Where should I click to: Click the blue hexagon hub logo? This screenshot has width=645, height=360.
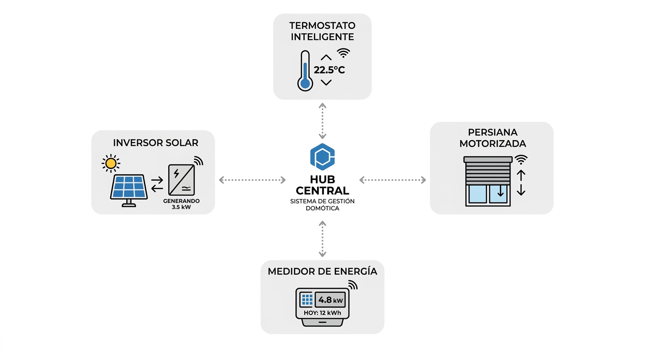pos(322,157)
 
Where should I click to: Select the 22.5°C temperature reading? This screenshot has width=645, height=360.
pos(330,70)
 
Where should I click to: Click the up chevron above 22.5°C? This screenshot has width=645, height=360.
pos(326,57)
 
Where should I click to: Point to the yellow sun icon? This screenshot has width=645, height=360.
pos(111,163)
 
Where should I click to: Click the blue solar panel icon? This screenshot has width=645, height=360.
pos(129,187)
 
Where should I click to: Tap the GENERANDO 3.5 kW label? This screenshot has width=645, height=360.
pos(181,204)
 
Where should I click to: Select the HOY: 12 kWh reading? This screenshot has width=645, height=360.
pos(322,312)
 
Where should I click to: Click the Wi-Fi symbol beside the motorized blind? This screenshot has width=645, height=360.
pos(521,160)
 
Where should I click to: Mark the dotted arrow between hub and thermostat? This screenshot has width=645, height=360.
pos(322,121)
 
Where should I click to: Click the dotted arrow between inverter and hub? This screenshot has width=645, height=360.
pos(252,180)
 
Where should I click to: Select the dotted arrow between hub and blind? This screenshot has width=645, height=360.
pos(393,180)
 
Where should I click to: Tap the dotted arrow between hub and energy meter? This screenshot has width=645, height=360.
pos(322,239)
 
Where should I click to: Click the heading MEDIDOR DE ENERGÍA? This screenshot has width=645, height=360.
pos(322,271)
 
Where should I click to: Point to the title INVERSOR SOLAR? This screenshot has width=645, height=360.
pos(156,143)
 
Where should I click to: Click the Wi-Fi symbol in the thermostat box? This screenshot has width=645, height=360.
pos(344,52)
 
